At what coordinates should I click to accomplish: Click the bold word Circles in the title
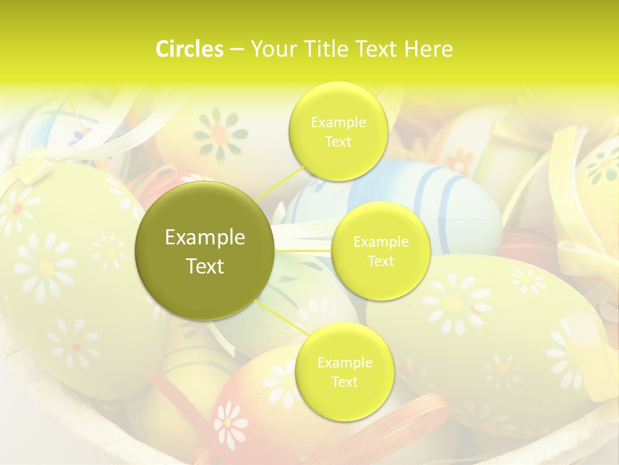click(x=189, y=49)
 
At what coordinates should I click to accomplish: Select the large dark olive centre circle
click(x=204, y=250)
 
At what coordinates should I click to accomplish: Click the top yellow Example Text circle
click(x=338, y=131)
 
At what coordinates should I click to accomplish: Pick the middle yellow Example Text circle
click(x=380, y=251)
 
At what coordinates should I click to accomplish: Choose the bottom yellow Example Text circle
click(x=344, y=371)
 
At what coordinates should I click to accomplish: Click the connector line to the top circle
click(x=279, y=183)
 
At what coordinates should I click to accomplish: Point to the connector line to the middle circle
click(x=302, y=249)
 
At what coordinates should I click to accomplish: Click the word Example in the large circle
click(x=204, y=238)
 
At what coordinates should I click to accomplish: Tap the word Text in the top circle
click(x=338, y=142)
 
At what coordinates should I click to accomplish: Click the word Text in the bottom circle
click(x=344, y=382)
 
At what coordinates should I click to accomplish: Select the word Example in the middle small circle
click(x=380, y=242)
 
